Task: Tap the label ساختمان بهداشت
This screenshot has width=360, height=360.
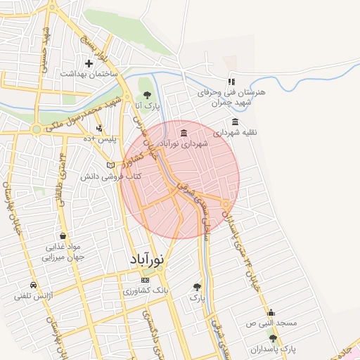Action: [x=89, y=74]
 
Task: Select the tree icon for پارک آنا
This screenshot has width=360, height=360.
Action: [x=148, y=94]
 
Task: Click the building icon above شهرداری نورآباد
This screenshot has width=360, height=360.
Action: [x=184, y=133]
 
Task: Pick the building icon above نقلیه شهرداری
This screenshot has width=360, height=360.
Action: [x=235, y=121]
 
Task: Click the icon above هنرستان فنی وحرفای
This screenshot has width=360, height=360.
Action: [x=231, y=82]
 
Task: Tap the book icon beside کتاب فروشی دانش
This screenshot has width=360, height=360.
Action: [x=110, y=165]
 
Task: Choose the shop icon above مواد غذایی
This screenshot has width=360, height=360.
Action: [x=64, y=236]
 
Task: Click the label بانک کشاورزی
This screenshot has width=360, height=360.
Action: [x=145, y=290]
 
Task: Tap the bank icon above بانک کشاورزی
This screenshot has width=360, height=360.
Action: [x=146, y=280]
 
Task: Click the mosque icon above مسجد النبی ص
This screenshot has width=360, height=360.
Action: [x=271, y=312]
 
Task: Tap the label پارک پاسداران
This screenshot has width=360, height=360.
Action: [x=276, y=349]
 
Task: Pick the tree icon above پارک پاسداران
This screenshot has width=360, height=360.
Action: [x=273, y=338]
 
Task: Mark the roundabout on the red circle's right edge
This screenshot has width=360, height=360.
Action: [x=226, y=205]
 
